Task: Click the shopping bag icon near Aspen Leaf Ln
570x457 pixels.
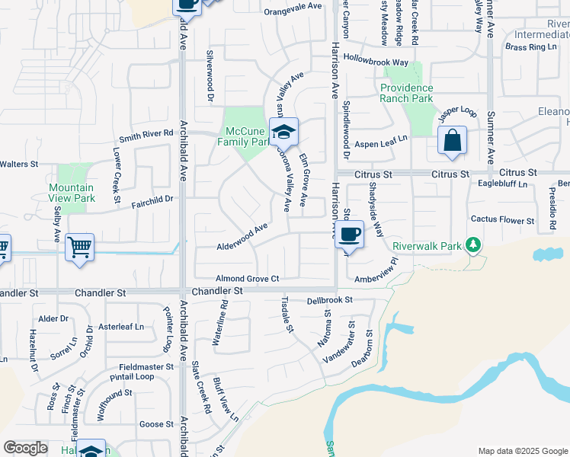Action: (453, 141)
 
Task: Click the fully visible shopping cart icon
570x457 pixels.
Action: (79, 247)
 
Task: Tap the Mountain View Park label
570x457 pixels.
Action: (71, 193)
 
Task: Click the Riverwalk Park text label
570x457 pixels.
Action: (427, 246)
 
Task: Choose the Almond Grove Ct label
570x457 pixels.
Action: (248, 279)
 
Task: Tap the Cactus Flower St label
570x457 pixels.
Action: (502, 220)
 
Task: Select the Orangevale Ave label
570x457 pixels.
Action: (293, 12)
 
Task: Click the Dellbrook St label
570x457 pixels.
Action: (330, 300)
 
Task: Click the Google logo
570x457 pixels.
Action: (25, 448)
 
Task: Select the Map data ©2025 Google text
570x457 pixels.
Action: (522, 451)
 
